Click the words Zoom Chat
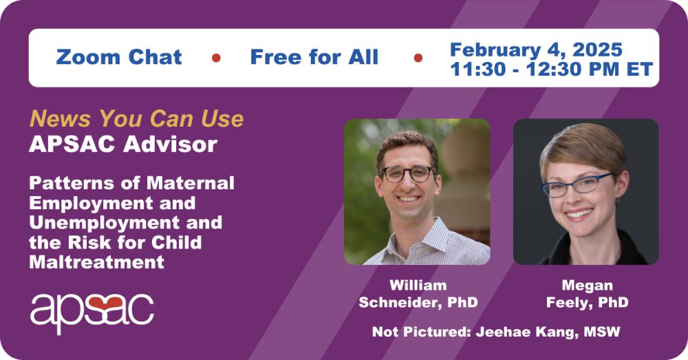point(119,58)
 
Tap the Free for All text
point(314,58)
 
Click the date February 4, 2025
point(536,50)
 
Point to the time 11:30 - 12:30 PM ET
point(552,70)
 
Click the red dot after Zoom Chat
point(216,58)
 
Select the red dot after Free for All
point(418,58)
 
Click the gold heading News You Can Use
point(136,118)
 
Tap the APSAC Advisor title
point(123,144)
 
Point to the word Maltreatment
point(96,262)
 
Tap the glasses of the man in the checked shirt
point(407,174)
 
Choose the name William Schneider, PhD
point(418,294)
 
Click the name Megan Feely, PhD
point(587,294)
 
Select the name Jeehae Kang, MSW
point(548,332)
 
